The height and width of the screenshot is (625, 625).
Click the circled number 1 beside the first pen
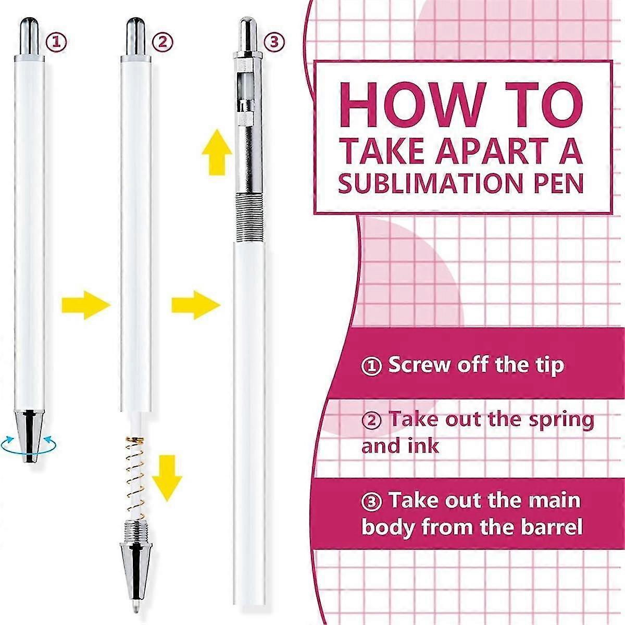click(x=57, y=42)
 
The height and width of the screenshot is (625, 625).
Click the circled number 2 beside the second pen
click(x=162, y=42)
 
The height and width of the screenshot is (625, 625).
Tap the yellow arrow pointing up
click(x=217, y=152)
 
